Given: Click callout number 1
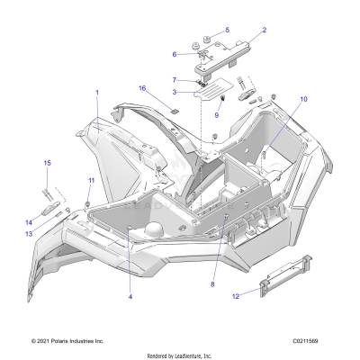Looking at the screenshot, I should [97, 93].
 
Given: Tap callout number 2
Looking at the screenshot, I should [264, 31].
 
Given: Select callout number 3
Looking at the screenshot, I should [175, 92].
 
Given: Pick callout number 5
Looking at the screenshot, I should [227, 30].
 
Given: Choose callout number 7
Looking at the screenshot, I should [175, 80].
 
